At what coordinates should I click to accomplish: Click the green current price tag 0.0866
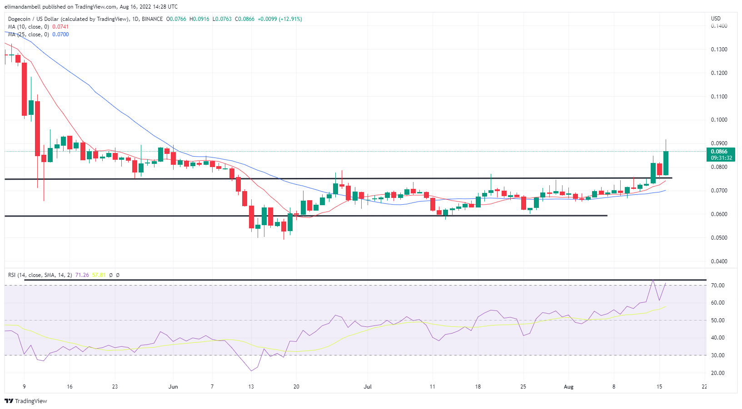pyautogui.click(x=721, y=152)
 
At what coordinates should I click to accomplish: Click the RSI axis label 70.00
pyautogui.click(x=718, y=286)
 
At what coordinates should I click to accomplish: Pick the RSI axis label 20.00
pyautogui.click(x=718, y=373)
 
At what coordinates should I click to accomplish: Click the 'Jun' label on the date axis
pyautogui.click(x=173, y=387)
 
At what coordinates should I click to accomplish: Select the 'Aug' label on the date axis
pyautogui.click(x=568, y=387)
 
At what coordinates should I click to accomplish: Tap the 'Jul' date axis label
pyautogui.click(x=368, y=387)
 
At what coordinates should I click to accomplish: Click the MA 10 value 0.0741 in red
pyautogui.click(x=60, y=27)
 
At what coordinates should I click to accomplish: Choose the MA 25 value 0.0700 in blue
pyautogui.click(x=60, y=34)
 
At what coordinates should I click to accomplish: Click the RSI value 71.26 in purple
pyautogui.click(x=82, y=275)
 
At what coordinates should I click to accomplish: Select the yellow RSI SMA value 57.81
pyautogui.click(x=99, y=275)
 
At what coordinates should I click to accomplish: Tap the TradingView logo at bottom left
pyautogui.click(x=26, y=401)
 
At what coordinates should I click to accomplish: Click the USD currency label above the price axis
pyautogui.click(x=716, y=19)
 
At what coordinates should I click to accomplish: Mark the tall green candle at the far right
pyautogui.click(x=666, y=163)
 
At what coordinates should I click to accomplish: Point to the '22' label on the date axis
pyautogui.click(x=704, y=387)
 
